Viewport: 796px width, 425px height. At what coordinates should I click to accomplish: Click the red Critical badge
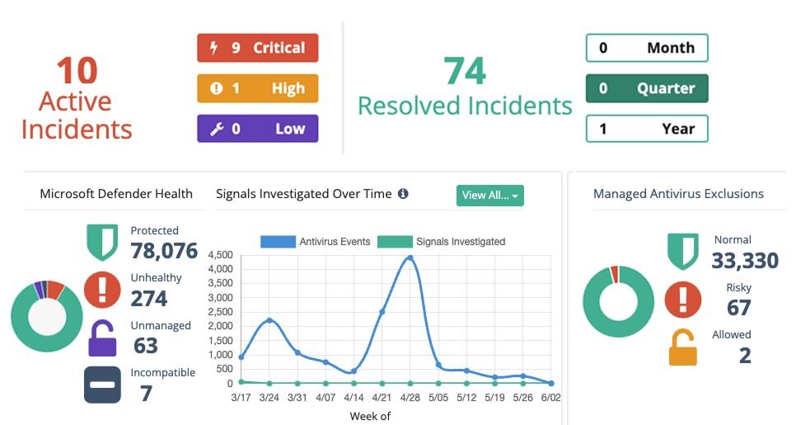(257, 48)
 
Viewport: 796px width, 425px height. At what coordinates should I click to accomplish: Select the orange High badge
(257, 88)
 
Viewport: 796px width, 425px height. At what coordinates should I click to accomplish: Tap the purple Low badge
(257, 129)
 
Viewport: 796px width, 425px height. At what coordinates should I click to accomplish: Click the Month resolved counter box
(646, 48)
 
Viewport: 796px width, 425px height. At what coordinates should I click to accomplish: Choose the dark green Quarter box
(646, 88)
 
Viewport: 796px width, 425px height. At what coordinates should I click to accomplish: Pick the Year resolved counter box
(646, 129)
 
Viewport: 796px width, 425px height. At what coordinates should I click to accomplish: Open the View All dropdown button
(489, 196)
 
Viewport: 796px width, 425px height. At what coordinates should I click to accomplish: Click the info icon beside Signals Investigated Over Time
(403, 194)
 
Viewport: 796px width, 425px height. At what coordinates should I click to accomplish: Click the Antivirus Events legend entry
(316, 242)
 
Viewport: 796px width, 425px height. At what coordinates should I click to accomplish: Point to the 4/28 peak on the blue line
(410, 258)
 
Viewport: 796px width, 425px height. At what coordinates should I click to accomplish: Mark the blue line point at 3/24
(269, 320)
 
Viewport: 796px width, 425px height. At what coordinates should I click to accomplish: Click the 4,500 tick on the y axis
(221, 254)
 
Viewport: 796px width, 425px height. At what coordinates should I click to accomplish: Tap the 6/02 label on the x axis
(550, 398)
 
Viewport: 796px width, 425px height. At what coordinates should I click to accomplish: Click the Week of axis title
(370, 416)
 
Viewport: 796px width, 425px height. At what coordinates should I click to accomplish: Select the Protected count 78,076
(164, 250)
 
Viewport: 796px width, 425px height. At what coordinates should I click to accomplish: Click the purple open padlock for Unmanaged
(103, 338)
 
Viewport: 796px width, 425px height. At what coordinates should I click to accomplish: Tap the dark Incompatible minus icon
(102, 385)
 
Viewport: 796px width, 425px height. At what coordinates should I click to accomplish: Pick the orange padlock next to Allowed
(682, 347)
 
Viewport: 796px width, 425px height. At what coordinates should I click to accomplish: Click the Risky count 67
(738, 308)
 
